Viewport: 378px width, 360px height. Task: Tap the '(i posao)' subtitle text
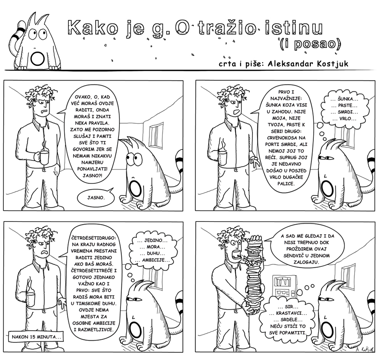310,44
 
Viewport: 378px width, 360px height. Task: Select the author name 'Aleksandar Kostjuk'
308,64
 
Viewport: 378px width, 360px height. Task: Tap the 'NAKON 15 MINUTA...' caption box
36,337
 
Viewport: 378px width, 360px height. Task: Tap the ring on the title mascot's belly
37,58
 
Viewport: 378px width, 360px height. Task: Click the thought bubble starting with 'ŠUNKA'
344,109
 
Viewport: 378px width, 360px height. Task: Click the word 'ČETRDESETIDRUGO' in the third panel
94,238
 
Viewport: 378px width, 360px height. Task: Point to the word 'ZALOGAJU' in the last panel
306,262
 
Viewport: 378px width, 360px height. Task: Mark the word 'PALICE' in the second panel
286,184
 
